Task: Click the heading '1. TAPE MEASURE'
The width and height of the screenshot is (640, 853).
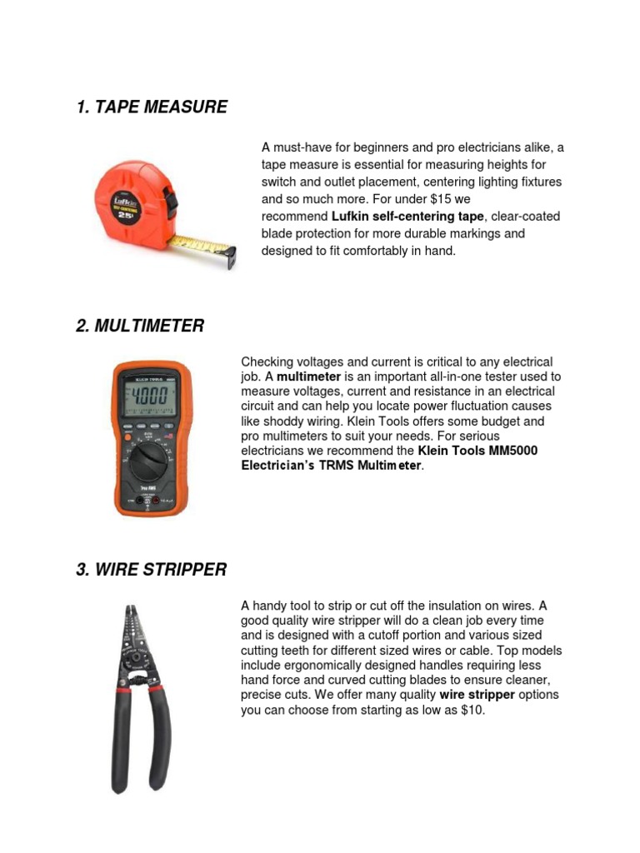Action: click(151, 107)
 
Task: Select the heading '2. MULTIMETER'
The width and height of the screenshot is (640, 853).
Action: click(139, 326)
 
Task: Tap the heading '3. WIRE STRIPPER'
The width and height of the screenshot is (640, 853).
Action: click(151, 570)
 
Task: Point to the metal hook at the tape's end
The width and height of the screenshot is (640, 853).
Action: click(230, 258)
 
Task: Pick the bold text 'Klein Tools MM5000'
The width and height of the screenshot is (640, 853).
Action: click(477, 451)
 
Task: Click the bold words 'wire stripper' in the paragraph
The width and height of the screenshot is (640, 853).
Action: click(477, 695)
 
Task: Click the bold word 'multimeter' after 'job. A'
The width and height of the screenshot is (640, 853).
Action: click(308, 377)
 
